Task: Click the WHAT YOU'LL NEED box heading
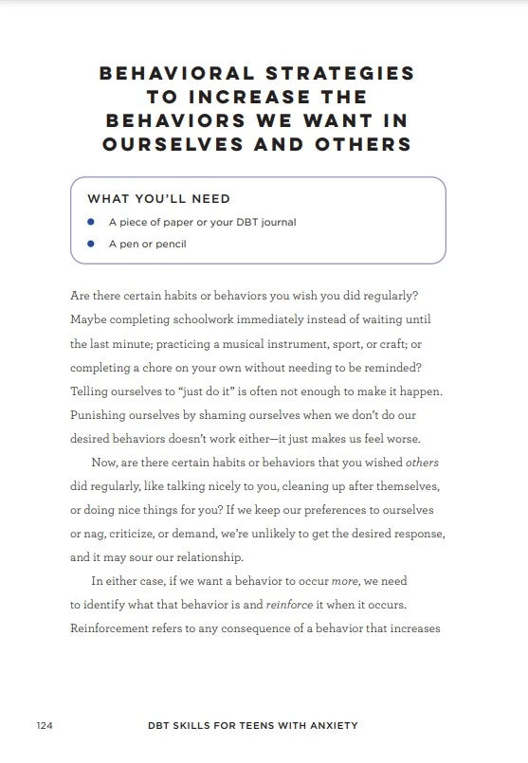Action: tap(159, 199)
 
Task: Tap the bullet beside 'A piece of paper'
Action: tap(90, 222)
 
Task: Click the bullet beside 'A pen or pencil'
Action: tap(90, 244)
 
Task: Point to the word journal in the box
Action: tap(277, 223)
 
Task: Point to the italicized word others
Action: tap(422, 463)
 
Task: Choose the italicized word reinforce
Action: tap(289, 605)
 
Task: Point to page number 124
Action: tap(45, 726)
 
